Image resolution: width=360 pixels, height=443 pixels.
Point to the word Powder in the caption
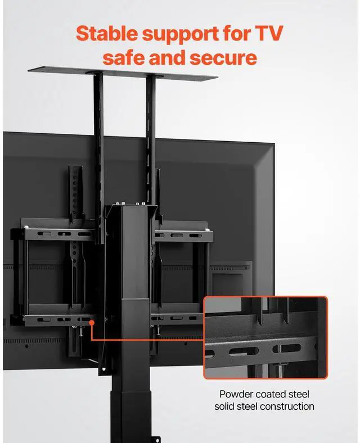click(x=236, y=394)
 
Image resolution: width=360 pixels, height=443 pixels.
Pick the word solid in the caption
click(x=227, y=406)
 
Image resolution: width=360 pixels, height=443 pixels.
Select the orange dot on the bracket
click(x=90, y=322)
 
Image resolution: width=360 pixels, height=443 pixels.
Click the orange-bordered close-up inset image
click(x=265, y=337)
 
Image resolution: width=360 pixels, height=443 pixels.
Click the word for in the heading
click(x=235, y=33)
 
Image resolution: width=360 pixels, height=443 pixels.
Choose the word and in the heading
click(x=168, y=57)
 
